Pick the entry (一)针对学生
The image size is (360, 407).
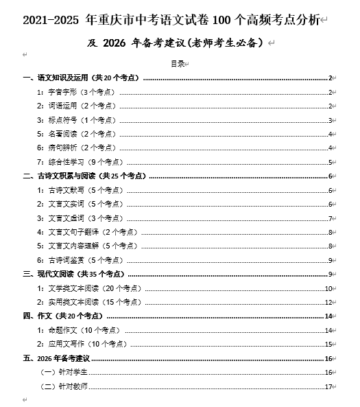pyautogui.click(x=65, y=372)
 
